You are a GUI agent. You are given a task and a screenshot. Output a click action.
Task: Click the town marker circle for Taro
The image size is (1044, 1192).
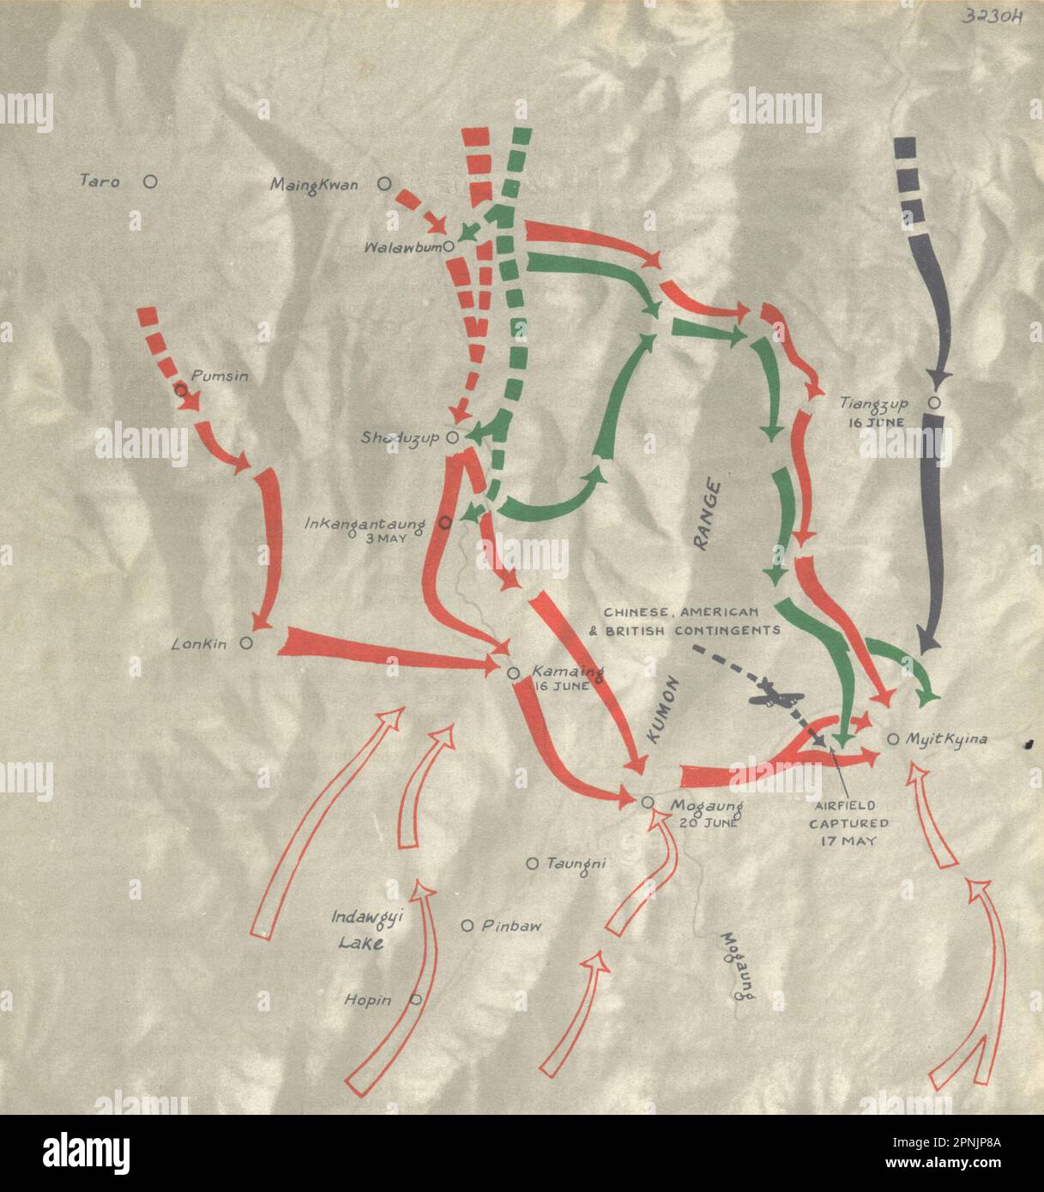point(150,181)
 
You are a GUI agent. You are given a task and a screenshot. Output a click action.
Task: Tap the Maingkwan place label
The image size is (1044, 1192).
point(314,184)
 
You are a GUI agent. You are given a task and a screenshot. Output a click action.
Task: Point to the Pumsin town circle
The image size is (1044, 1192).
point(180,389)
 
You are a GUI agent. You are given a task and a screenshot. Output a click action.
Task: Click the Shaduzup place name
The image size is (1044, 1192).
point(400,438)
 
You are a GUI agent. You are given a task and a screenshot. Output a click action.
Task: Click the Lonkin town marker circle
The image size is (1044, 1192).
point(246,643)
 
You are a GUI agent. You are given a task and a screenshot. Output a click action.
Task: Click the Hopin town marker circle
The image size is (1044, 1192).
point(415,999)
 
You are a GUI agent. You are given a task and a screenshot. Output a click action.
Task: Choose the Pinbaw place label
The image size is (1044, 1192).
point(511,926)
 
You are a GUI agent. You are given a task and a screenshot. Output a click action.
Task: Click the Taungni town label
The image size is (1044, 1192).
point(576,864)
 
